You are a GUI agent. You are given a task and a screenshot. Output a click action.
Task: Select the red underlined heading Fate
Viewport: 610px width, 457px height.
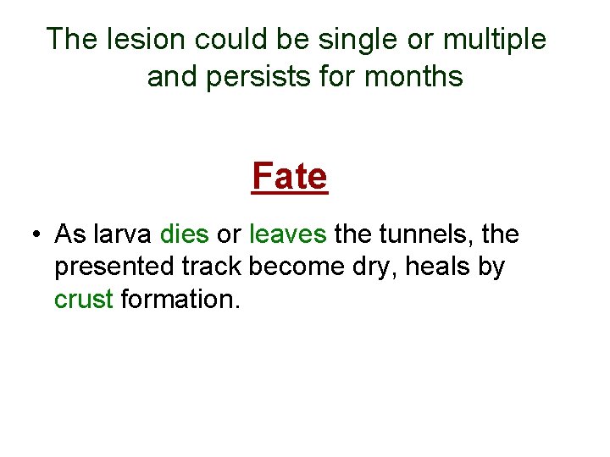coord(289,177)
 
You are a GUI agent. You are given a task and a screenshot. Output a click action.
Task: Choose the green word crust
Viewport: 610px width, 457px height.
coord(83,299)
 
